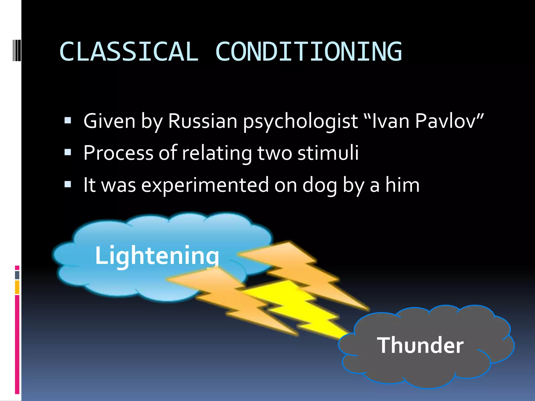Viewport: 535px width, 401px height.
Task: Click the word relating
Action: (x=217, y=154)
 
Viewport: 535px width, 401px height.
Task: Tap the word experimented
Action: (x=205, y=185)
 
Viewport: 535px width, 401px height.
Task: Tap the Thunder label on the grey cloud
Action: (x=420, y=345)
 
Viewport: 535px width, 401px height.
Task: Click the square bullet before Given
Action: (x=68, y=120)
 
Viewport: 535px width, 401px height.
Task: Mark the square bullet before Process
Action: (x=68, y=152)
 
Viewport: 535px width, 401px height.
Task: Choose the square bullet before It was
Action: (x=68, y=184)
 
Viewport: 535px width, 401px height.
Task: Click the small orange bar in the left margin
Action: (x=17, y=287)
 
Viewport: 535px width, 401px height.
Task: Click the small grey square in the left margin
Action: (x=17, y=275)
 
